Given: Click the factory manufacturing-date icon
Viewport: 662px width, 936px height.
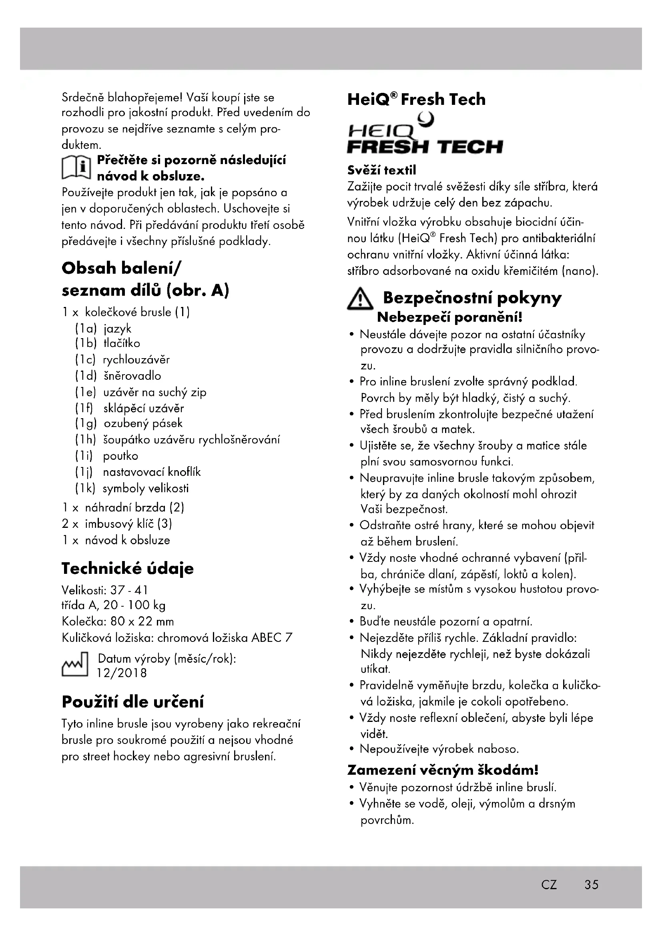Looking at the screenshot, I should coord(74,665).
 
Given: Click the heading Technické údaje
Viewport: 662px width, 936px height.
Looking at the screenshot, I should coord(128,568).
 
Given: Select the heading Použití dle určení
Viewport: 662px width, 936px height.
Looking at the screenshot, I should coord(132,702).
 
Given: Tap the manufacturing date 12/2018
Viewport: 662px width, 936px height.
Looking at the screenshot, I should coord(122,673).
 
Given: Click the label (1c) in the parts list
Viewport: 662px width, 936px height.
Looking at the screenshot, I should coord(85,360).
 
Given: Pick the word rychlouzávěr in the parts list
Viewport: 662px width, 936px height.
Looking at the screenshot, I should coord(136,360).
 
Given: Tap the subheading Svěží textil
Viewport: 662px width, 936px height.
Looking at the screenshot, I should coord(381,170).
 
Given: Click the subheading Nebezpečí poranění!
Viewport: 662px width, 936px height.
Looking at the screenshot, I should coord(449,317).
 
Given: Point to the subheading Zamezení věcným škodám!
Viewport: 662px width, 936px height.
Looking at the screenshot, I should coord(443,770).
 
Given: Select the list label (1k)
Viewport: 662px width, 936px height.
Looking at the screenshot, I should coord(85,488).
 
